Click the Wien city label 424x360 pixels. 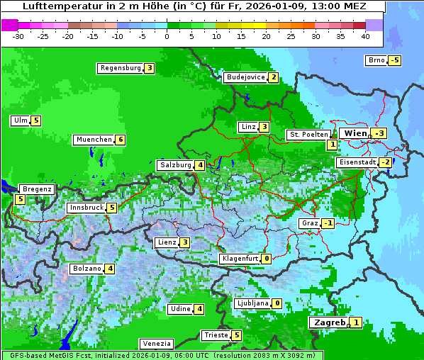[x=355, y=133]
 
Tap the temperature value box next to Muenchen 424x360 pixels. [x=121, y=140]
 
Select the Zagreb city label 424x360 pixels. [x=329, y=322]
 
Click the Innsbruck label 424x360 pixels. [x=86, y=208]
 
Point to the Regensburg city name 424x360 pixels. [x=120, y=68]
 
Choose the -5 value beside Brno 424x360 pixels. [x=395, y=60]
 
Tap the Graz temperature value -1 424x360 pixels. [x=328, y=223]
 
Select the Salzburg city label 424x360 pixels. [x=175, y=165]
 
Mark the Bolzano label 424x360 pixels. [x=87, y=269]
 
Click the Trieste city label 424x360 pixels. [x=215, y=335]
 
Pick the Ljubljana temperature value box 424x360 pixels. [x=277, y=303]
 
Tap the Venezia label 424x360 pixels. [x=156, y=344]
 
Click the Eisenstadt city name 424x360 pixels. [x=357, y=162]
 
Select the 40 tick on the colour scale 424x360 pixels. [x=365, y=36]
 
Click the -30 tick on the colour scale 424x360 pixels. [x=18, y=36]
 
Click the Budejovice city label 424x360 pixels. [x=245, y=77]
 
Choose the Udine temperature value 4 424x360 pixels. [x=200, y=309]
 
